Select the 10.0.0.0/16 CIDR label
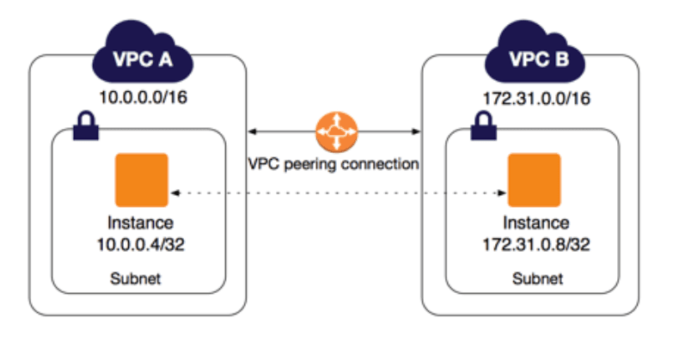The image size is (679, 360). click(x=142, y=96)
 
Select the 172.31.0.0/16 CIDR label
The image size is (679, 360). click(x=535, y=96)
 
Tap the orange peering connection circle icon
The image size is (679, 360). click(x=333, y=132)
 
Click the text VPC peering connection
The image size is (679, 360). click(x=333, y=164)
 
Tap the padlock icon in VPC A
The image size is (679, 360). click(x=86, y=129)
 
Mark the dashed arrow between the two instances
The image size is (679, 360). click(x=335, y=192)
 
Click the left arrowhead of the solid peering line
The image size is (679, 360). click(x=253, y=132)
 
